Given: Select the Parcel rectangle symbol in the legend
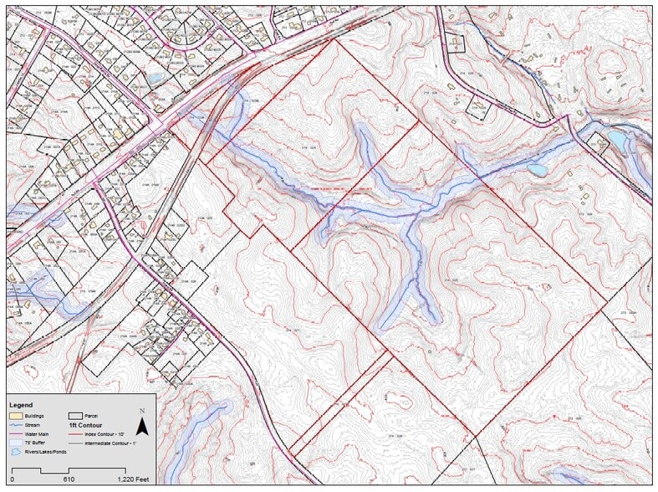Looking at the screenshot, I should (x=75, y=415).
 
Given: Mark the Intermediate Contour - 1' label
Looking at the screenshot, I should (x=116, y=443).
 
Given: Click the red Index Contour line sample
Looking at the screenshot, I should (x=75, y=433).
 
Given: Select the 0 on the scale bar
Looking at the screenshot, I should (x=12, y=479).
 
